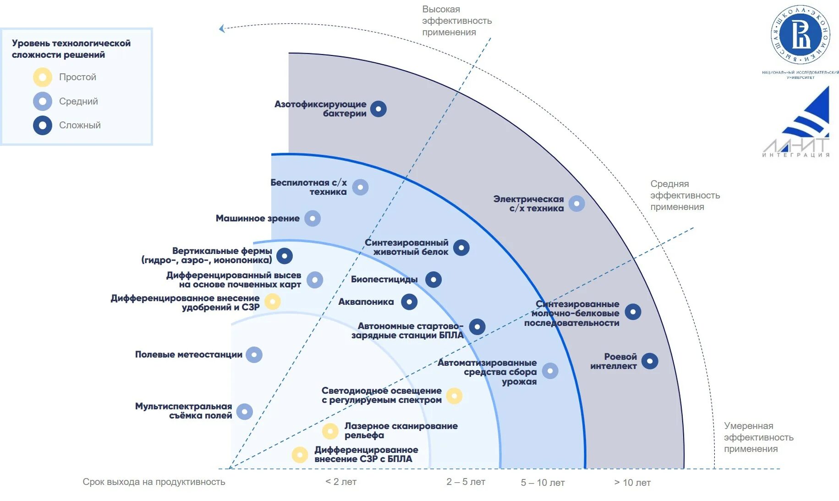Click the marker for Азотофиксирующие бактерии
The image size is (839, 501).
(378, 109)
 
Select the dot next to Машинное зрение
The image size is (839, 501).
(313, 219)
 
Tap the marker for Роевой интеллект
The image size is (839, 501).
(650, 361)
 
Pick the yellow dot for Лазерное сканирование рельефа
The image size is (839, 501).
(330, 431)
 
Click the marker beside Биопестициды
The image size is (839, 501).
(433, 280)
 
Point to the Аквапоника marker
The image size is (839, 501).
(409, 302)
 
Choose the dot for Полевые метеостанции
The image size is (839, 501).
(254, 355)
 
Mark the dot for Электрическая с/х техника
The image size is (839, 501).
(576, 204)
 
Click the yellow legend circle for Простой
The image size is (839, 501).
(43, 77)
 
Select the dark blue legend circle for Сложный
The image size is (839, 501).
(43, 125)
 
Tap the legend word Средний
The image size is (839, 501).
(78, 101)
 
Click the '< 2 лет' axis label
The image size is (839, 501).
(341, 482)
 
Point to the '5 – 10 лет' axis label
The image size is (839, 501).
(543, 483)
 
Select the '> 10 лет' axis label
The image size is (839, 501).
(632, 483)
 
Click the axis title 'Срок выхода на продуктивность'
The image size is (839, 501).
(154, 482)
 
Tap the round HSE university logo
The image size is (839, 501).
(801, 35)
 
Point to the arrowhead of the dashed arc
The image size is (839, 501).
(222, 29)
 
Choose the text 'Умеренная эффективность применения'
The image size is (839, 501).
(758, 437)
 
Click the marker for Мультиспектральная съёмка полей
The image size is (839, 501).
(244, 412)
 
